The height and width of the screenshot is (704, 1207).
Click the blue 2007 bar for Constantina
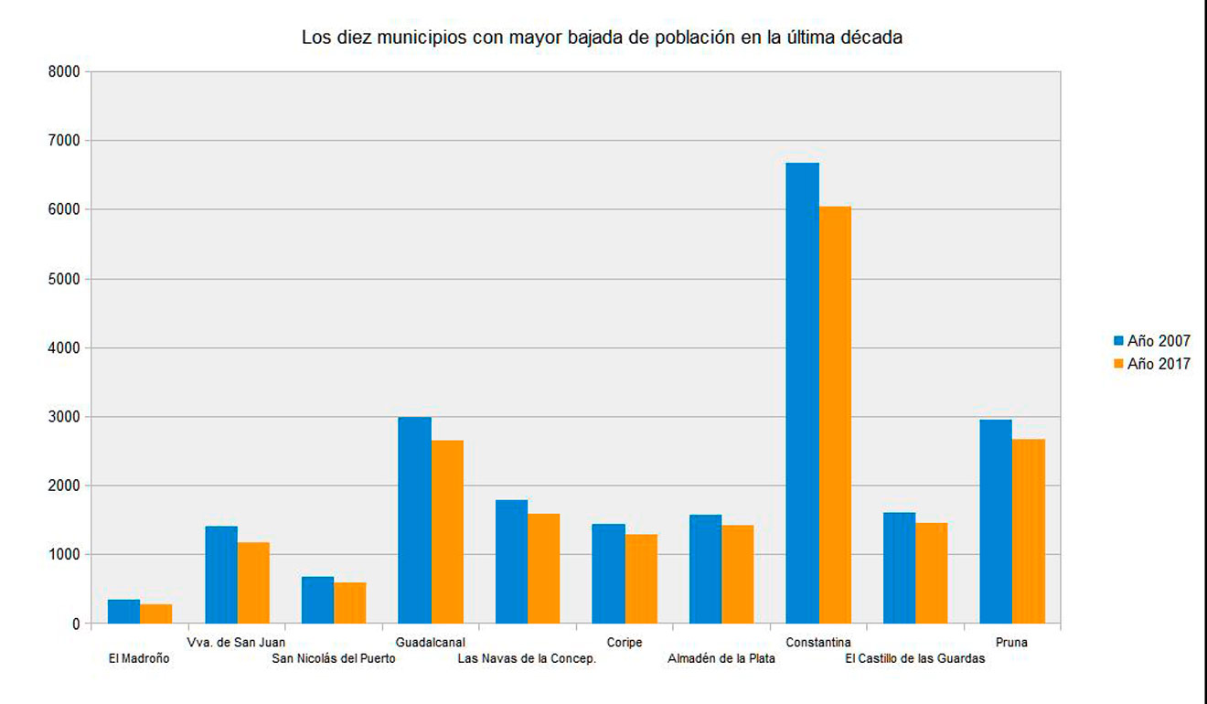pyautogui.click(x=802, y=393)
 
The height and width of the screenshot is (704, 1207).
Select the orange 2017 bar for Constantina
pyautogui.click(x=835, y=415)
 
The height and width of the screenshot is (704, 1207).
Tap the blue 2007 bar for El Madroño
pyautogui.click(x=123, y=612)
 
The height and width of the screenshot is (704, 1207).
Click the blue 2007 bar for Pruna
pyautogui.click(x=996, y=521)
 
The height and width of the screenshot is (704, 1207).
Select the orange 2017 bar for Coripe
pyautogui.click(x=641, y=579)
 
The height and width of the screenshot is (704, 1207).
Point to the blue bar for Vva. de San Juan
pyautogui.click(x=221, y=574)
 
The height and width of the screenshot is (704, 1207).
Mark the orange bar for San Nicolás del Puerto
pyautogui.click(x=350, y=603)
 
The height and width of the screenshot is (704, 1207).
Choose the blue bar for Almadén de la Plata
pyautogui.click(x=705, y=569)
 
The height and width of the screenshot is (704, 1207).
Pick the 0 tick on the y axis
pyautogui.click(x=76, y=624)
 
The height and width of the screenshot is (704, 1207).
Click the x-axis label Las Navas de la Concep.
pyautogui.click(x=527, y=658)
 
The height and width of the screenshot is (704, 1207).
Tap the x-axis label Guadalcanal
pyautogui.click(x=430, y=643)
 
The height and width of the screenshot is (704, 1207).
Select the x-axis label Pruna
pyautogui.click(x=1012, y=643)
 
